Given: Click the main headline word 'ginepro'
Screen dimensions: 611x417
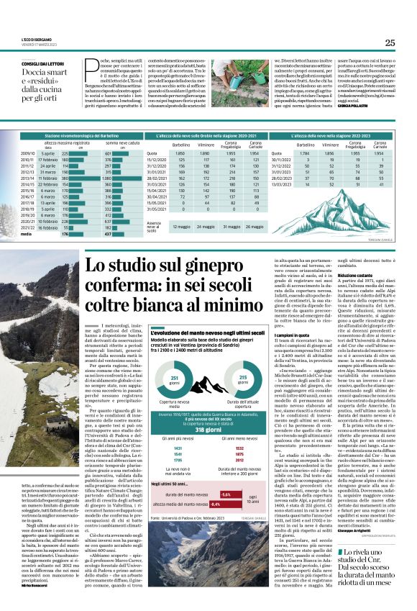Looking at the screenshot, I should point(238,268).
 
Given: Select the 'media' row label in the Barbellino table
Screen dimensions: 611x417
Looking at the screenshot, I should point(27,234).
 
